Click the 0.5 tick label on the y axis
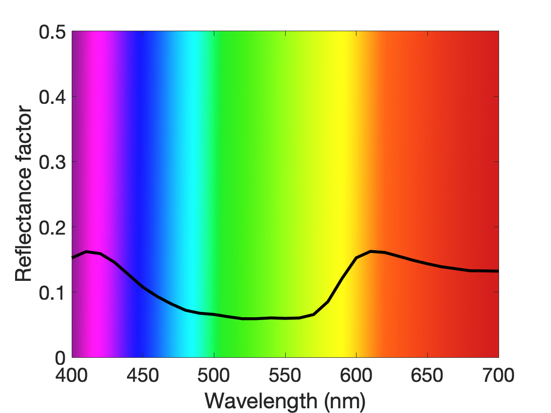coord(52,32)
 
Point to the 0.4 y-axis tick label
coord(52,97)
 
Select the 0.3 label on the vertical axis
coord(52,162)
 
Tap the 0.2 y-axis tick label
coord(52,228)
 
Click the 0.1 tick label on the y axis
coord(52,293)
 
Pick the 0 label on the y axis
coord(60,358)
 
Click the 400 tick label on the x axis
coord(72,375)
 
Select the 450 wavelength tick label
coord(143,375)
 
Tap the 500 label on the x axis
coord(214,375)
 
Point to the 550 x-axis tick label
coord(285,375)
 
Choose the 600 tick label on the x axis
coord(356,375)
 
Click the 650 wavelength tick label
coord(427,375)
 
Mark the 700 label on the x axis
coord(498,375)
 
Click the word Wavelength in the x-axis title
coord(261,401)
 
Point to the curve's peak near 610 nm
coord(371,252)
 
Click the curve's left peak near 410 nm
coord(86,252)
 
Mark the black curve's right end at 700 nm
coord(498,271)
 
